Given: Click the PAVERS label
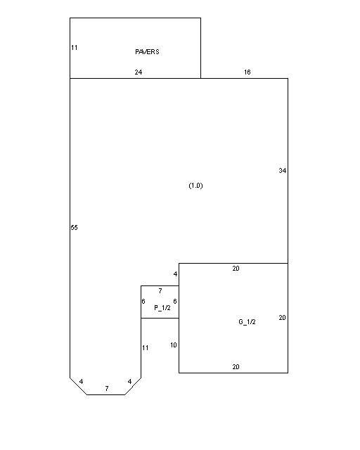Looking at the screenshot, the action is tap(147, 51).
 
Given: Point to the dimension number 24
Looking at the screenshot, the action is tap(139, 72).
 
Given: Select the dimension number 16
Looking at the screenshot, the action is tap(247, 72).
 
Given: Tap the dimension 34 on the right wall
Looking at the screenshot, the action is tap(283, 170).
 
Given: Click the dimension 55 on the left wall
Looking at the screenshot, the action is tap(74, 228).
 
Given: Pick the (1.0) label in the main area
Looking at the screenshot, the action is tap(195, 186).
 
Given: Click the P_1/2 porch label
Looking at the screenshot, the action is tap(162, 308).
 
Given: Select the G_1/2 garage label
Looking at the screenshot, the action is tap(247, 322).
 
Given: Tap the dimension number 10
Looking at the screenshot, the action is tap(174, 345).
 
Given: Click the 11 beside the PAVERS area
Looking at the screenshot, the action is tap(75, 48).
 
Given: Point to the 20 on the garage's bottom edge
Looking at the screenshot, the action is tap(236, 367).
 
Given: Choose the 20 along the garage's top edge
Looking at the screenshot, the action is tap(236, 269).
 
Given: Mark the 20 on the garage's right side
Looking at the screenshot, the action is tap(282, 317).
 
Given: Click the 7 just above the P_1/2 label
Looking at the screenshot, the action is tap(160, 291).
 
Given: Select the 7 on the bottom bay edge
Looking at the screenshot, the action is tap(107, 389).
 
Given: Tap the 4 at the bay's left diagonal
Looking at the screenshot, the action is tap(82, 382).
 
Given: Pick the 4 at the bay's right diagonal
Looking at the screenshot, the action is tap(129, 382).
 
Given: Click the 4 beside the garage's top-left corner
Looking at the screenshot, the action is tap(175, 274).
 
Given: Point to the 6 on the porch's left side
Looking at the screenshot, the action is tap(143, 302).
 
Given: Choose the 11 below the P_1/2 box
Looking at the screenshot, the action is tap(146, 348).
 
